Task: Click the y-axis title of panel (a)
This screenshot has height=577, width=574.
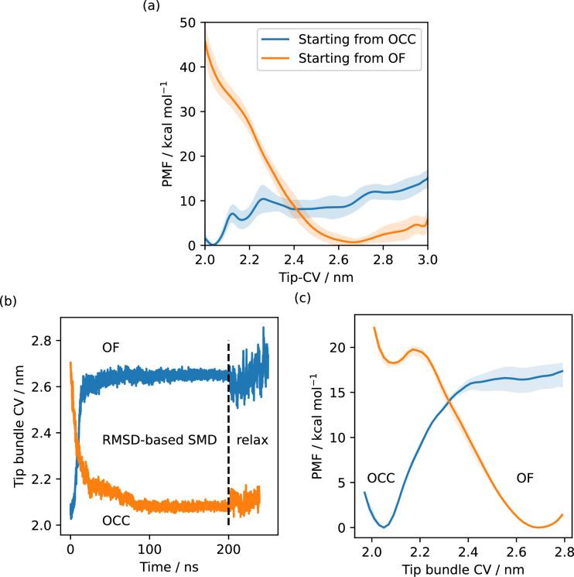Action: coord(169,134)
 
